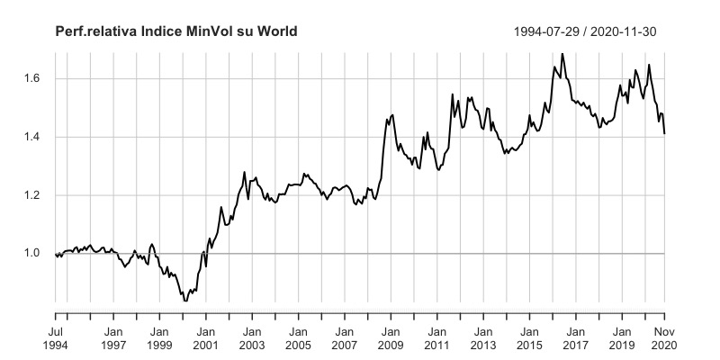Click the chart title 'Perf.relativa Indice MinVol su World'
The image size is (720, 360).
[x=176, y=31]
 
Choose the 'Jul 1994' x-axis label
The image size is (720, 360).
[x=56, y=337]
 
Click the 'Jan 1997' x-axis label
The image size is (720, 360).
[x=112, y=337]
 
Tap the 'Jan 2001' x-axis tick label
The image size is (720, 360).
[x=205, y=337]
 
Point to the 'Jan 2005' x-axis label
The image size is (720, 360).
[x=298, y=337]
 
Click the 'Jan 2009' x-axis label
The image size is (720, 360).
[x=391, y=337]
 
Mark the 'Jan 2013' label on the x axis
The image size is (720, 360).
[x=482, y=337]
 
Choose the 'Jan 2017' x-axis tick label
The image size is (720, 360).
[x=575, y=337]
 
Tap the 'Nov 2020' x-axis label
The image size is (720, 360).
[x=664, y=337]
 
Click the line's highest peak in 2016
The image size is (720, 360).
[x=562, y=54]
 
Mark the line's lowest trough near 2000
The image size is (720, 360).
[x=185, y=300]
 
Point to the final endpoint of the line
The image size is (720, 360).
[x=664, y=133]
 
